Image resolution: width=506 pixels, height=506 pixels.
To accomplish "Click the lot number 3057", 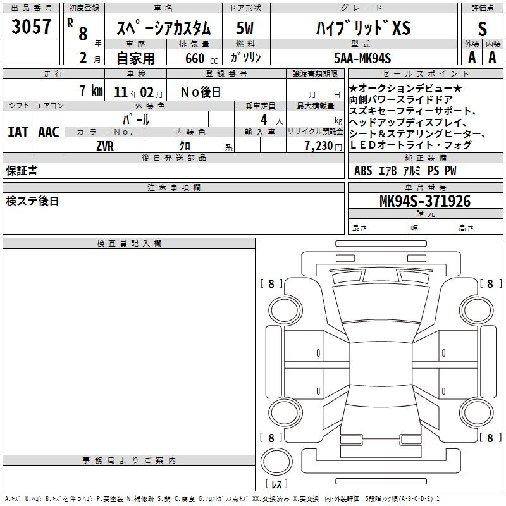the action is click(x=31, y=26).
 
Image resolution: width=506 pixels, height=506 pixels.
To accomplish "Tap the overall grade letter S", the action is click(x=482, y=28).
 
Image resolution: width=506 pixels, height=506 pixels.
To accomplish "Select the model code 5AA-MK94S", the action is click(x=362, y=58).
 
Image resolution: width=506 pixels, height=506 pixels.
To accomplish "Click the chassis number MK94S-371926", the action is click(x=425, y=201).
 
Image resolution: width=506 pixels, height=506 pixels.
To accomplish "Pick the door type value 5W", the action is click(x=245, y=28).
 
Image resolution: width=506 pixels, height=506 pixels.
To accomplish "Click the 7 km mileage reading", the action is click(x=91, y=91).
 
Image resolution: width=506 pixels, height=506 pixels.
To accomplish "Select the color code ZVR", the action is click(x=105, y=146).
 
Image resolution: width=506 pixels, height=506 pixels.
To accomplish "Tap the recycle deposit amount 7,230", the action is click(x=319, y=146).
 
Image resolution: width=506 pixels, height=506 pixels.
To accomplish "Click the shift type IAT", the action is click(x=18, y=132).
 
